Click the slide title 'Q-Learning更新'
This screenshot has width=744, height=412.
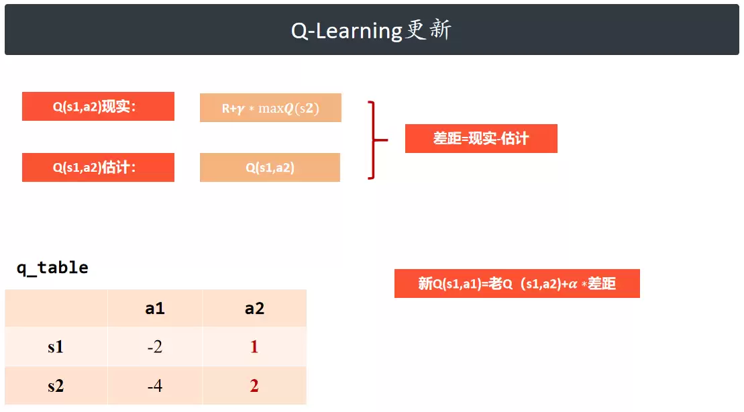371,30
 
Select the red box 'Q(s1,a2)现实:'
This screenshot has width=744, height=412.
98,106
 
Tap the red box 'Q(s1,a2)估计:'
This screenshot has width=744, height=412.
98,167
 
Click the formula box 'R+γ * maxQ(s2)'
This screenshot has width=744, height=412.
270,108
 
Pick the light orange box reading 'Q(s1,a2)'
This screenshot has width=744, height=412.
270,167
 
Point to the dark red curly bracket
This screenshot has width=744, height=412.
373,140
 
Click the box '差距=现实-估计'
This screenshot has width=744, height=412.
481,139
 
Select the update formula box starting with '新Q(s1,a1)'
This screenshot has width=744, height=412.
517,283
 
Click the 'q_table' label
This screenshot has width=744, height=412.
52,268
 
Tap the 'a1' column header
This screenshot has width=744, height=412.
155,309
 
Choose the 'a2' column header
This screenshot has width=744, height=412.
254,309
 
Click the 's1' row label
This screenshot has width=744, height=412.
56,346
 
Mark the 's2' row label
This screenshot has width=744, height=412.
56,385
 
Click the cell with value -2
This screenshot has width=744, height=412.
155,346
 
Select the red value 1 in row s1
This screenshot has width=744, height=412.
254,346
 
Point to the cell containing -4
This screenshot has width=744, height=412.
155,385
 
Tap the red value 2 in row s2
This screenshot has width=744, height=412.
254,385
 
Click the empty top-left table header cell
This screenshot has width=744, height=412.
56,309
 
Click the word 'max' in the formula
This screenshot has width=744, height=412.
271,109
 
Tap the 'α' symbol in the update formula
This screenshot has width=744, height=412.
573,284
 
